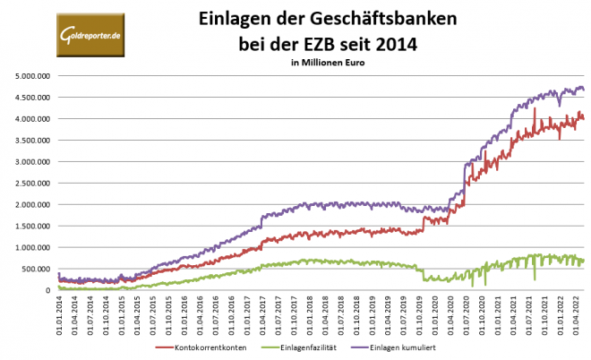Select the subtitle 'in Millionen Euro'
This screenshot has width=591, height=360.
(329, 63)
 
